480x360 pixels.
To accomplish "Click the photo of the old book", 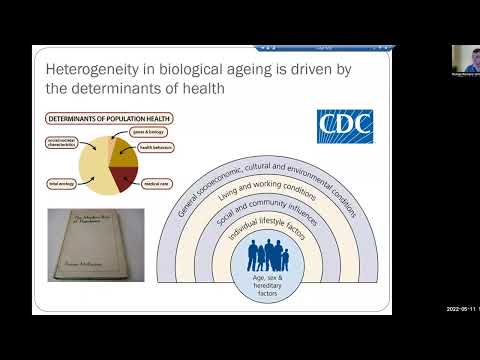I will pos(96,244).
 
